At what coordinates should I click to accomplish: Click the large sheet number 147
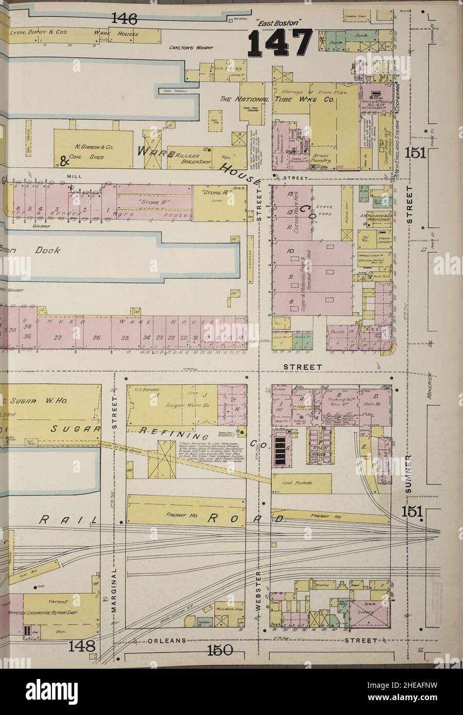point(281,43)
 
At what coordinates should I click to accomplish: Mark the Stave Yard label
point(325,209)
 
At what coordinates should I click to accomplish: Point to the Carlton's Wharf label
point(191,48)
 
